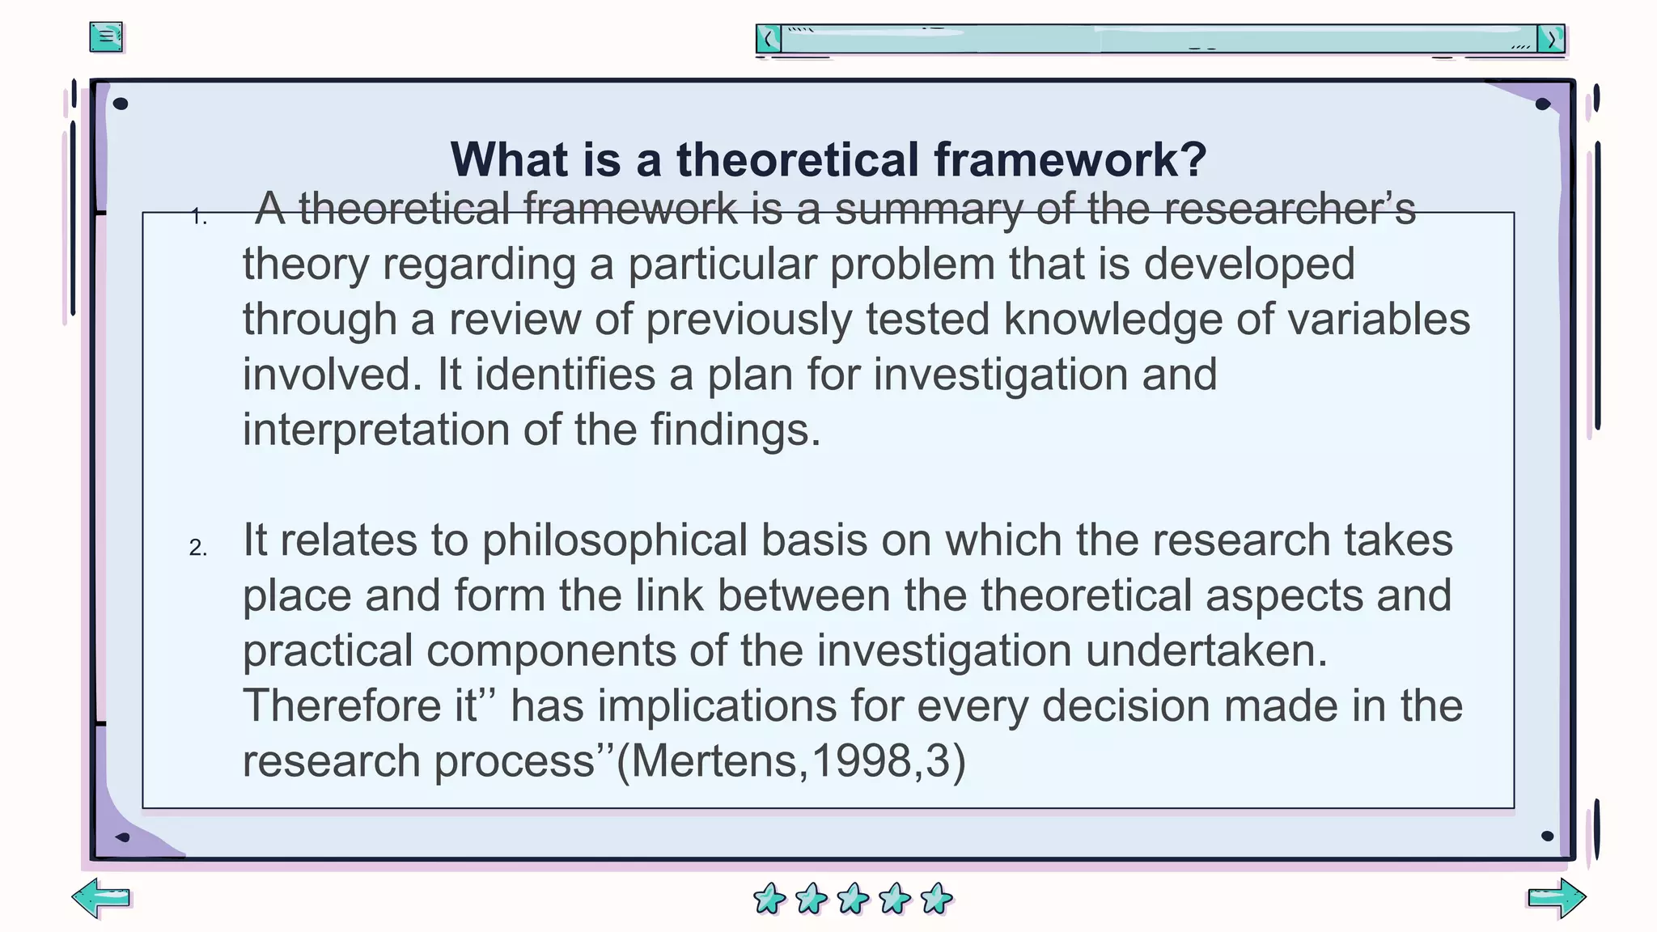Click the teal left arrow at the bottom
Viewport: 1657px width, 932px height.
[x=101, y=898]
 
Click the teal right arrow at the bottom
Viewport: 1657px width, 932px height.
[x=1556, y=898]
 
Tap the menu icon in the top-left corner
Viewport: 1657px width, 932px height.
[x=106, y=37]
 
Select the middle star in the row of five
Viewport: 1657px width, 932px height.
[x=853, y=899]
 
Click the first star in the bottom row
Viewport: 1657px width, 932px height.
[x=769, y=899]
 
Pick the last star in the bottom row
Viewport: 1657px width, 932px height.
[x=937, y=899]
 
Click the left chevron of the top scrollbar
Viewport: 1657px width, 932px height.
[x=769, y=39]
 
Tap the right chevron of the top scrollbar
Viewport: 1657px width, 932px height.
[x=1551, y=39]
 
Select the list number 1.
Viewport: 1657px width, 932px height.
[x=198, y=217]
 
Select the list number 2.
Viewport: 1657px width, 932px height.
[x=198, y=548]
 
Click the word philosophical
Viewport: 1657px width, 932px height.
[x=615, y=540]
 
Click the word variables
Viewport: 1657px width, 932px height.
[x=1379, y=320]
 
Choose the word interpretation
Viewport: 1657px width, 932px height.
[x=375, y=430]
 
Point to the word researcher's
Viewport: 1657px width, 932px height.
[x=1290, y=210]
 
